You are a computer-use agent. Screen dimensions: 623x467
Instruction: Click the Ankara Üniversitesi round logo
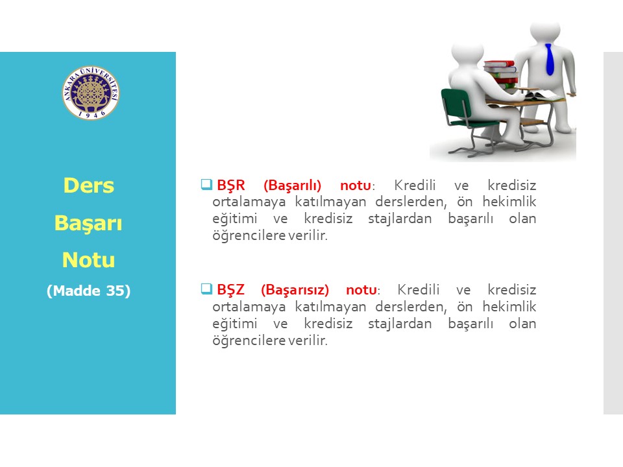pyautogui.click(x=91, y=93)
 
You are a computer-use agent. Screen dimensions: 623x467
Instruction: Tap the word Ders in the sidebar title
pyautogui.click(x=89, y=186)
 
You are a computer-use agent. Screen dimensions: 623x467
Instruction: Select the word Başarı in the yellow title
pyautogui.click(x=88, y=223)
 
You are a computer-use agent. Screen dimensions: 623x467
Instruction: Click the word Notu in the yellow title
pyautogui.click(x=89, y=260)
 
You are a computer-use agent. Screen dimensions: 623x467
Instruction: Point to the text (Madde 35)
pyautogui.click(x=89, y=291)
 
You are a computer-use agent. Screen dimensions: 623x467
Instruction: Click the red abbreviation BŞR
pyautogui.click(x=231, y=186)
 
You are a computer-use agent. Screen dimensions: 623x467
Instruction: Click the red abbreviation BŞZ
pyautogui.click(x=230, y=290)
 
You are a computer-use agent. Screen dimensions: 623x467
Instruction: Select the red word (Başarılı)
pyautogui.click(x=293, y=186)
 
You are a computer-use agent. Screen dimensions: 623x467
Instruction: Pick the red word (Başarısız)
pyautogui.click(x=295, y=291)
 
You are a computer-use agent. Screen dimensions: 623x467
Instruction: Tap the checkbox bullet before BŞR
pyautogui.click(x=206, y=184)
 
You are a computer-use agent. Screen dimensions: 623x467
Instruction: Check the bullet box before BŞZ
pyautogui.click(x=206, y=289)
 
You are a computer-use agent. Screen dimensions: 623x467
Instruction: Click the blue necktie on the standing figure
pyautogui.click(x=549, y=60)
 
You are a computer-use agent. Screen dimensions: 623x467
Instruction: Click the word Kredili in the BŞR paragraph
pyautogui.click(x=415, y=186)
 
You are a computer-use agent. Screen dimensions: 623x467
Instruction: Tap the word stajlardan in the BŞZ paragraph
pyautogui.click(x=400, y=324)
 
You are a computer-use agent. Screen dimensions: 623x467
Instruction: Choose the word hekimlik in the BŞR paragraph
pyautogui.click(x=509, y=202)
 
